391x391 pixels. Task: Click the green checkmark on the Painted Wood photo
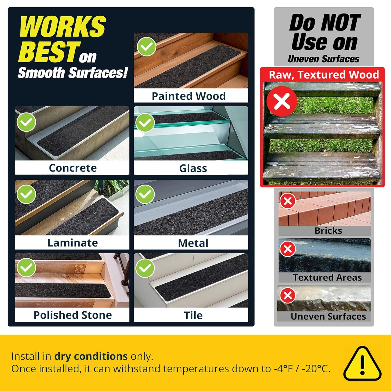click(147, 47)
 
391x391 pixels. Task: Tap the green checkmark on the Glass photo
click(145, 123)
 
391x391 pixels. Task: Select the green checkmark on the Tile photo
click(145, 268)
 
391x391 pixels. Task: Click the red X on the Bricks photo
click(288, 201)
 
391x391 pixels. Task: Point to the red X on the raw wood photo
click(282, 101)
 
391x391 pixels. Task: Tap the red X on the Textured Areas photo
click(288, 249)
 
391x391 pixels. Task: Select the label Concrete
click(73, 168)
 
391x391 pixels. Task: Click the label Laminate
click(73, 243)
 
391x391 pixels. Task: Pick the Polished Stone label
click(73, 315)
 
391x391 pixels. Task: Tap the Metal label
click(193, 243)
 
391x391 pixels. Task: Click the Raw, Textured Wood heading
click(324, 75)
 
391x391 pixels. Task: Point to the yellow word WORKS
click(63, 26)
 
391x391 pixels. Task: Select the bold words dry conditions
click(91, 356)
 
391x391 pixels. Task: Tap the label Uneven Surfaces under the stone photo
click(328, 316)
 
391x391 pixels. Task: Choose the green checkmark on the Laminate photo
click(26, 194)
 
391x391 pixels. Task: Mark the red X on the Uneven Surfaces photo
click(288, 295)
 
